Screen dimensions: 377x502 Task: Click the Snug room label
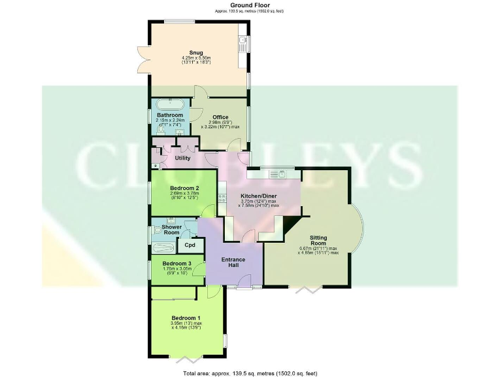pyautogui.click(x=195, y=52)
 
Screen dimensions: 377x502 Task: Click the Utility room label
pyautogui.click(x=182, y=158)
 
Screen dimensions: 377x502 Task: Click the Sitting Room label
pyautogui.click(x=318, y=239)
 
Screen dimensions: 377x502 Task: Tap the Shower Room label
pyautogui.click(x=172, y=230)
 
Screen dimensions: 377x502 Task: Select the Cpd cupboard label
pyautogui.click(x=190, y=245)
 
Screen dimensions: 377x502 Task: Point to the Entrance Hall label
pyautogui.click(x=233, y=263)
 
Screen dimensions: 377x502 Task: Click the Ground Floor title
pyautogui.click(x=250, y=5)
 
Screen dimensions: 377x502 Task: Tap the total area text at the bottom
pyautogui.click(x=250, y=373)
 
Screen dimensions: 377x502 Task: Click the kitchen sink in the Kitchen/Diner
pyautogui.click(x=281, y=173)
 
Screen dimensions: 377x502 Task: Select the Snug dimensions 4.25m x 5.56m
pyautogui.click(x=195, y=60)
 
